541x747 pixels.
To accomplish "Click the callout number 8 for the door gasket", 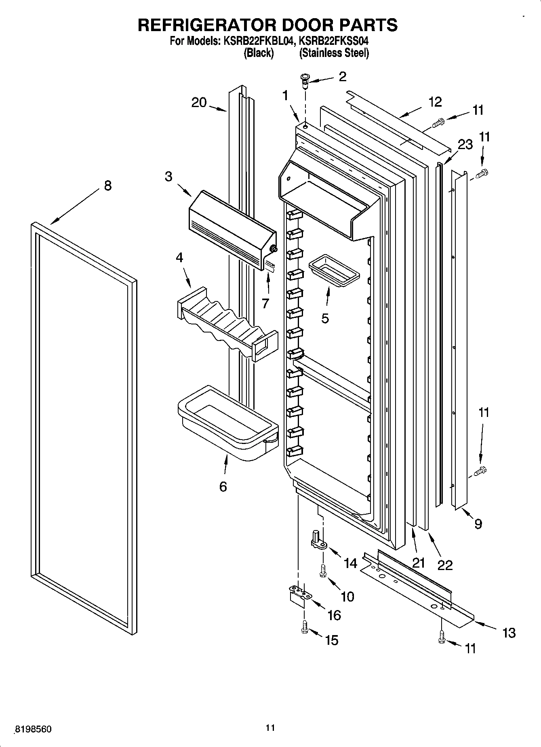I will (107, 186).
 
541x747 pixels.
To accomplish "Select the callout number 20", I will (199, 103).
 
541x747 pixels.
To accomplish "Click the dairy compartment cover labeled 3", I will (230, 230).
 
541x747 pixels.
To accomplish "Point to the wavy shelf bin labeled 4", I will (226, 323).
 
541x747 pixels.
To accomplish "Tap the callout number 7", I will (265, 303).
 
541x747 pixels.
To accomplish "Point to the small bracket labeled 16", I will (299, 595).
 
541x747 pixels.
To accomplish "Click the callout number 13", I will (509, 632).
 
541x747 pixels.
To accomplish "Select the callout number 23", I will (465, 144).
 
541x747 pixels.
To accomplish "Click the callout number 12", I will (436, 102).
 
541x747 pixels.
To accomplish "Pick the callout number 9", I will (478, 524).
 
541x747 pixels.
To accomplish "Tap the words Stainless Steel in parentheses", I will (334, 53).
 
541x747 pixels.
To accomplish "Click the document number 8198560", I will (33, 729).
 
